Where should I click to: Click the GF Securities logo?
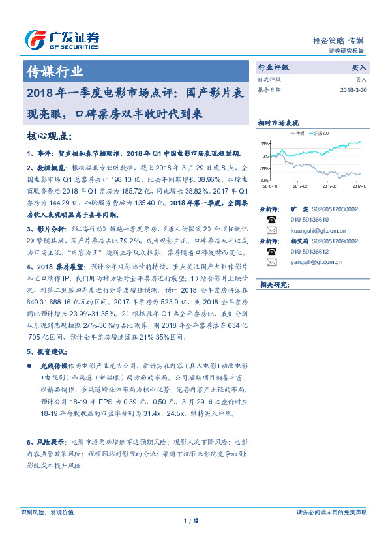[x=62, y=39]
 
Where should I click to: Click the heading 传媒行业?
[x=54, y=70]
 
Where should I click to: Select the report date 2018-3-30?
[x=353, y=91]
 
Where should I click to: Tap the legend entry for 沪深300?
[x=321, y=133]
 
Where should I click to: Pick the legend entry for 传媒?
[x=299, y=133]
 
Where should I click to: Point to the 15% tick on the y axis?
[x=264, y=143]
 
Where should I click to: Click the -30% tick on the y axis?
[x=264, y=180]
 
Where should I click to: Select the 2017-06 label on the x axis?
[x=330, y=186]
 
